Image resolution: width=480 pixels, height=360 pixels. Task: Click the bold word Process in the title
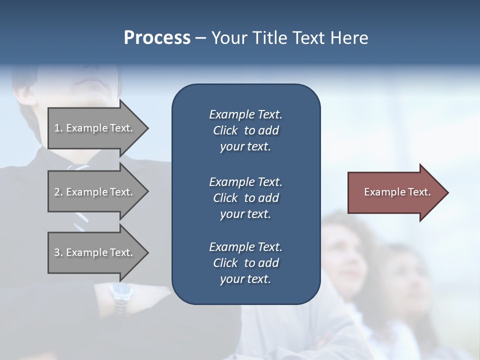pyautogui.click(x=157, y=38)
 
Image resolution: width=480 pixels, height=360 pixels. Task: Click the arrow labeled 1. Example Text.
pyautogui.click(x=95, y=128)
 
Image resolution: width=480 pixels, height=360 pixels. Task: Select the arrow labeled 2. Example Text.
pyautogui.click(x=95, y=192)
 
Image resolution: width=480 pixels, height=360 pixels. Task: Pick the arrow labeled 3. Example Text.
pyautogui.click(x=95, y=252)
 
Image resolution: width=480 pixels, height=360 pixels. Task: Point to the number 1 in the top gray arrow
pyautogui.click(x=57, y=128)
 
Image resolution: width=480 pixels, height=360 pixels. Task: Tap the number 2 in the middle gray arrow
pyautogui.click(x=57, y=192)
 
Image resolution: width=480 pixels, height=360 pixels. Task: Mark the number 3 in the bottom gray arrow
pyautogui.click(x=57, y=252)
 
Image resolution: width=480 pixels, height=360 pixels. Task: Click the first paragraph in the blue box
pyautogui.click(x=245, y=130)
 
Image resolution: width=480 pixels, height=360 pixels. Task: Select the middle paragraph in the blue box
pyautogui.click(x=245, y=198)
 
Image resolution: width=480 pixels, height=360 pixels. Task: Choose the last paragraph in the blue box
pyautogui.click(x=245, y=263)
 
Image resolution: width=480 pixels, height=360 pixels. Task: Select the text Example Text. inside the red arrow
pyautogui.click(x=397, y=192)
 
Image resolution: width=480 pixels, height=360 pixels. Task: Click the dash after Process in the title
pyautogui.click(x=200, y=38)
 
